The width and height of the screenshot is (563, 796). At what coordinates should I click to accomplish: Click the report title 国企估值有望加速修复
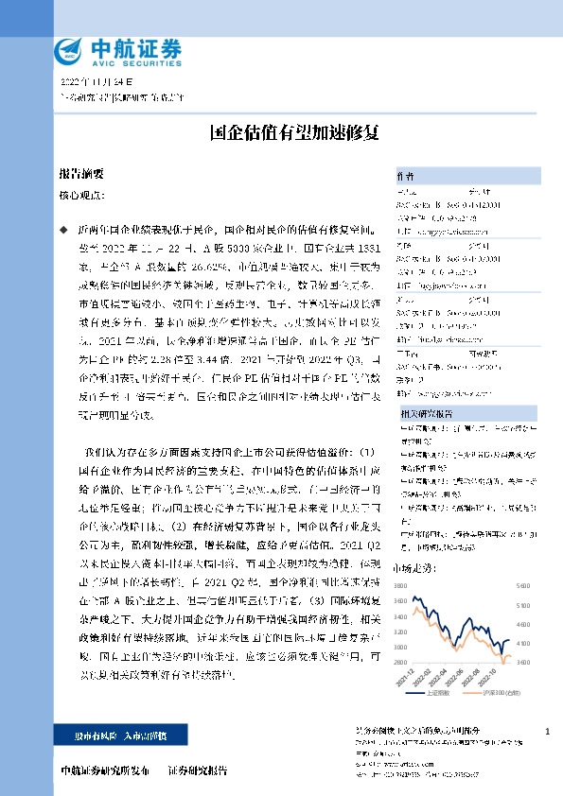coord(282,133)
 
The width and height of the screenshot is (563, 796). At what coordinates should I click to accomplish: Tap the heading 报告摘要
coord(80,176)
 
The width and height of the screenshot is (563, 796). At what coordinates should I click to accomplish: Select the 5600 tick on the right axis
coord(521,586)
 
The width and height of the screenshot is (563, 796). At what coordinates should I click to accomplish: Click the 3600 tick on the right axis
coord(521,662)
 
